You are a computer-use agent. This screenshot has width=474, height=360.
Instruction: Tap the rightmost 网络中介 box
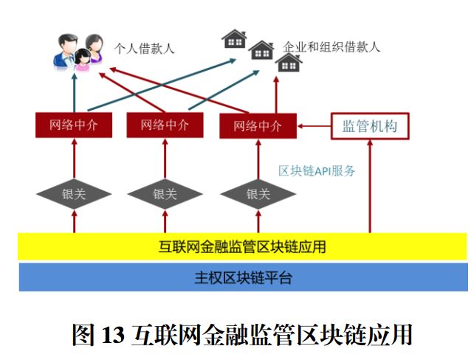point(258,125)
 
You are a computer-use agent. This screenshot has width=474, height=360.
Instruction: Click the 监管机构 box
point(369,125)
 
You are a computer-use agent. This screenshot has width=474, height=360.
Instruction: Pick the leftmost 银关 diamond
point(75,194)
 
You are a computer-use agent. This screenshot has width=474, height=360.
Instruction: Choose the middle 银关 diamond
point(165,194)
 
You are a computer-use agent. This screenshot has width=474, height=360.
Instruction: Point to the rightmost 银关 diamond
point(258,194)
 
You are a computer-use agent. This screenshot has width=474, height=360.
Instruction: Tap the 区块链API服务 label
point(317,171)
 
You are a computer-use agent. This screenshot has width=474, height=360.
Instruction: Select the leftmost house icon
point(234,38)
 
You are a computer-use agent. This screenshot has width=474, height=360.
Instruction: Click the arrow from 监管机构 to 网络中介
point(314,125)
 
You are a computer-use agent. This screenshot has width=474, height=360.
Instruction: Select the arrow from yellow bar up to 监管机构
point(369,184)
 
